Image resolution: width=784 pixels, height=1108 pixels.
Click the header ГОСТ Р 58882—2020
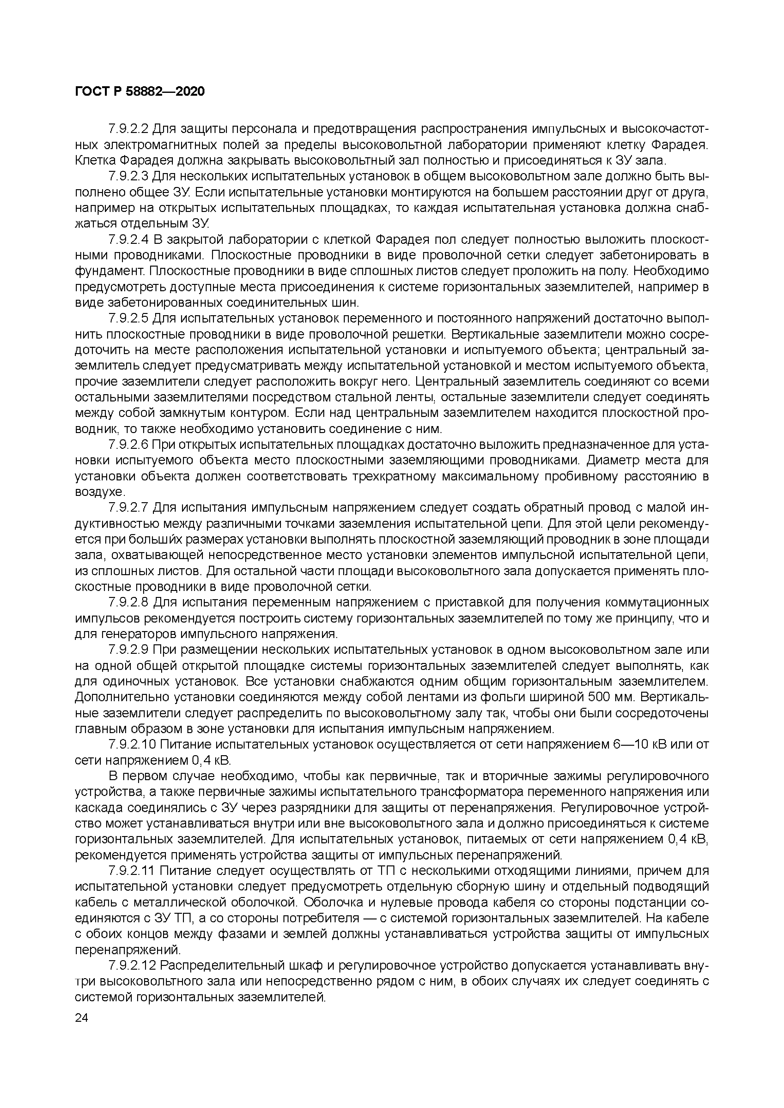tap(140, 91)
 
